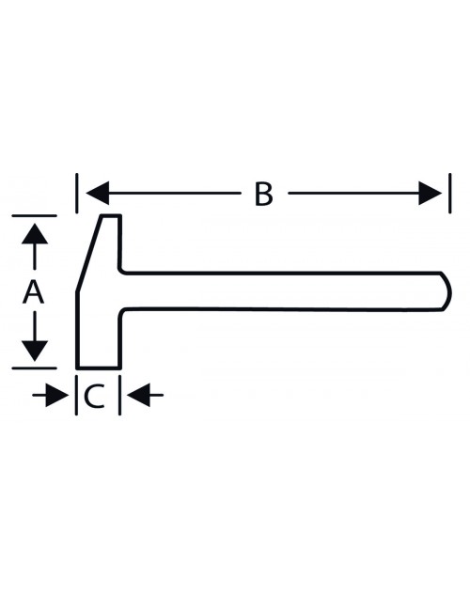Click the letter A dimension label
34,292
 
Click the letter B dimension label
263,194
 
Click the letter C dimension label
94,397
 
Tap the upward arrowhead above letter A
35,234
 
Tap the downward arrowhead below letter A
35,351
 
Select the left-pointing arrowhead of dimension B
98,193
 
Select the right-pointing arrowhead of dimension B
431,193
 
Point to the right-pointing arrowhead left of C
57,395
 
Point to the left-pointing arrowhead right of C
138,395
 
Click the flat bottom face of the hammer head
99,368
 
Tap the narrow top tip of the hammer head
111,216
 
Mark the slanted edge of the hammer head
89,254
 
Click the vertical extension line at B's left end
77,193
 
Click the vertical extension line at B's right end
450,193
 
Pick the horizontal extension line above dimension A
34,215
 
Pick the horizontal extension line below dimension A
34,368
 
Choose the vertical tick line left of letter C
76,395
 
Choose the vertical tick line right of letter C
120,395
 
